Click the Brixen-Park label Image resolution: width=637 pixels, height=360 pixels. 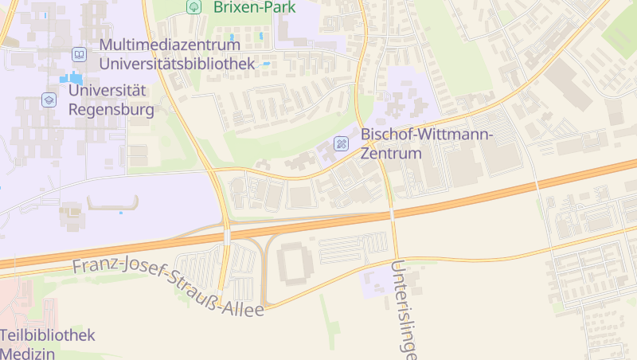[x=254, y=7]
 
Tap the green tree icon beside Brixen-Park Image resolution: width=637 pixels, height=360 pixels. [x=193, y=6]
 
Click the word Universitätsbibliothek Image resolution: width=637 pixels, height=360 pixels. [x=177, y=63]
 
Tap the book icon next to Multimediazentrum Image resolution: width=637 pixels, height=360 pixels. [x=79, y=54]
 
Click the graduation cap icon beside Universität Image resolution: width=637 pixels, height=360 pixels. [x=49, y=100]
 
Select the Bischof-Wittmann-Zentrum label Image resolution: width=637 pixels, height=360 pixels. [x=426, y=143]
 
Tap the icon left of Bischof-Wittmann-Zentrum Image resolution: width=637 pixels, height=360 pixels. [x=341, y=144]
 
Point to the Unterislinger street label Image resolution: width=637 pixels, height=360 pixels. [x=404, y=311]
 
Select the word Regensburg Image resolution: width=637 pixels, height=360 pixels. [x=111, y=109]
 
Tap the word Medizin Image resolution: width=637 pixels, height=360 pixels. [x=28, y=353]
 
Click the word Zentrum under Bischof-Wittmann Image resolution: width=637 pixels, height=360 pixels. [x=390, y=153]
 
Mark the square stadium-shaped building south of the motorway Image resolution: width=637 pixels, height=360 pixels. [x=296, y=263]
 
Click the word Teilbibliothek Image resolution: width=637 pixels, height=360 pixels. [x=48, y=335]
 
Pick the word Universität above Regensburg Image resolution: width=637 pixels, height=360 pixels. [x=107, y=90]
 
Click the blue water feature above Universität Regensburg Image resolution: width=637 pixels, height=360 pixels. [x=71, y=78]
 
